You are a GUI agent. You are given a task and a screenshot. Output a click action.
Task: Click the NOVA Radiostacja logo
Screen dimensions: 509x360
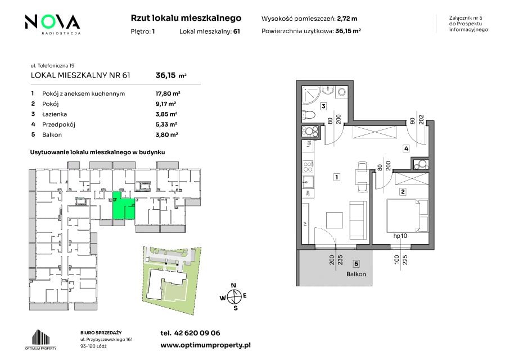click(x=53, y=24)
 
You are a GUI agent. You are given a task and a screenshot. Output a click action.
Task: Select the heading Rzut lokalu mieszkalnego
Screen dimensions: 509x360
click(x=186, y=18)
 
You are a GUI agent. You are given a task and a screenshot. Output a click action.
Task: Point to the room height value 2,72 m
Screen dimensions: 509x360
click(x=347, y=19)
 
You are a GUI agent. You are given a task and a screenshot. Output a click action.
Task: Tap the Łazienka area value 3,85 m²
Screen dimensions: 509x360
click(x=166, y=114)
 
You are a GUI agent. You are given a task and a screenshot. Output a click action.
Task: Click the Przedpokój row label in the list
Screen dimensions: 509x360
click(x=58, y=124)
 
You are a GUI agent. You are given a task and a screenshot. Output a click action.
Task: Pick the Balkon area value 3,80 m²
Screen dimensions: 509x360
click(x=166, y=134)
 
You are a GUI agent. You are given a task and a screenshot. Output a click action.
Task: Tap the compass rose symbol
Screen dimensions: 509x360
click(x=233, y=296)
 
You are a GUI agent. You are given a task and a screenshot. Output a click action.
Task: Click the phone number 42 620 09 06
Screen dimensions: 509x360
click(x=197, y=333)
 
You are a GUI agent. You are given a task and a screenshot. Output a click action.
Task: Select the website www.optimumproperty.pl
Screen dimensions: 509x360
click(x=205, y=345)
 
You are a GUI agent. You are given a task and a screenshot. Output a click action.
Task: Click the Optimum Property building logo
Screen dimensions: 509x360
click(x=40, y=340)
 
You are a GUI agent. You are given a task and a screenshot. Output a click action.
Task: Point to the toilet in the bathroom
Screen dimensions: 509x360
click(x=309, y=115)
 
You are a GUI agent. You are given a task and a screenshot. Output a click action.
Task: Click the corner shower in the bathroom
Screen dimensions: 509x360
click(x=310, y=95)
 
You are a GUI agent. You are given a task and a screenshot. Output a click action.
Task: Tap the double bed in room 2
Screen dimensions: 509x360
click(x=408, y=215)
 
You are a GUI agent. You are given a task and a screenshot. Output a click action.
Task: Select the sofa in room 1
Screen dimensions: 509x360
click(x=358, y=220)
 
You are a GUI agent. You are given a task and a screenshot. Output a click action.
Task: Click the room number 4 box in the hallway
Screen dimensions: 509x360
click(x=406, y=148)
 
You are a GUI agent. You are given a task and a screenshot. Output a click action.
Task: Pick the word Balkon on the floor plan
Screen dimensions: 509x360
click(x=356, y=274)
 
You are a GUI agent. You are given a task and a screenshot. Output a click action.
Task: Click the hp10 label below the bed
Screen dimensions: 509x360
click(x=400, y=236)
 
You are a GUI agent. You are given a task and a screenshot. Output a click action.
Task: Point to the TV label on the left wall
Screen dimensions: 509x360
click(x=305, y=224)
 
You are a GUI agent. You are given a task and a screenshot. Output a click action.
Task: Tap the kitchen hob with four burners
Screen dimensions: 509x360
click(x=308, y=167)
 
